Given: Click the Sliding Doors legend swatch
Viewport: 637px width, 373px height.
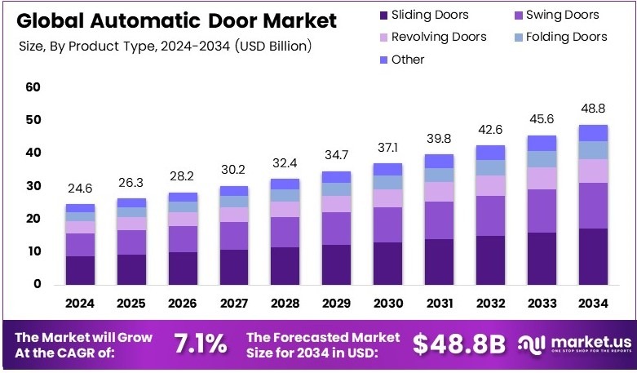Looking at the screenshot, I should tap(383, 15).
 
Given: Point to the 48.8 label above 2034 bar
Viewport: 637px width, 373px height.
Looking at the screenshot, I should tap(593, 109).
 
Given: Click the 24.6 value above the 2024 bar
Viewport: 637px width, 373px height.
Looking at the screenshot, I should tap(80, 188).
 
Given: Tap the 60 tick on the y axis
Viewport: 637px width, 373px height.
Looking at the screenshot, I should tap(33, 87).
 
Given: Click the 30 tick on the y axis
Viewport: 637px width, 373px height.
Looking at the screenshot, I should tap(33, 186).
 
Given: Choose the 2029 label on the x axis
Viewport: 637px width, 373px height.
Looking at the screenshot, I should tap(337, 304).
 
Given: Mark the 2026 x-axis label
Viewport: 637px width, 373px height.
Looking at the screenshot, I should tap(183, 304).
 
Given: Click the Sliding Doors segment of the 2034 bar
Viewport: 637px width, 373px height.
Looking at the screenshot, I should tap(593, 256).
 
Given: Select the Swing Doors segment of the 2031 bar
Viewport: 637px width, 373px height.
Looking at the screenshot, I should tap(440, 220).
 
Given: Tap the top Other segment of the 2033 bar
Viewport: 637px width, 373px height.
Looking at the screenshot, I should tap(542, 143).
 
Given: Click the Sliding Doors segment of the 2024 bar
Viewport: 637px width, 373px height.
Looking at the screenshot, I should tap(80, 270).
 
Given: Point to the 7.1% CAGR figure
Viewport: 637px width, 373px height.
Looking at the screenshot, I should tap(200, 344).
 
